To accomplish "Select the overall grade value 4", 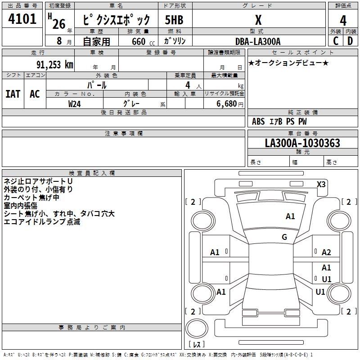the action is click(343, 20).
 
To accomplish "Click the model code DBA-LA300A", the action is click(258, 41).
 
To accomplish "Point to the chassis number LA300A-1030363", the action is click(302, 144).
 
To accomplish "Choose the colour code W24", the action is click(75, 103).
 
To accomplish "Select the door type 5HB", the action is click(174, 20).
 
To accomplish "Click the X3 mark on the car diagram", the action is click(321, 184).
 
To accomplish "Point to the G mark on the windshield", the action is click(284, 237).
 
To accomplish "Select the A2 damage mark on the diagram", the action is click(326, 252).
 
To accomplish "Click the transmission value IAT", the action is click(13, 94).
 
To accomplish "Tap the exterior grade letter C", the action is click(336, 41).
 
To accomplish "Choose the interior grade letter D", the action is click(350, 41).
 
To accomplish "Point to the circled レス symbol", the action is click(197, 345).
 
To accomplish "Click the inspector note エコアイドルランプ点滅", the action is click(42, 222).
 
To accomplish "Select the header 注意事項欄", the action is click(123, 134).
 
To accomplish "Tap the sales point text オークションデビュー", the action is click(288, 63).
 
